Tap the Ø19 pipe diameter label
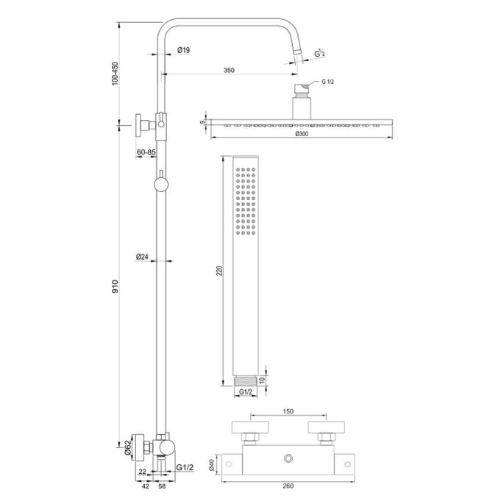pyautogui.click(x=184, y=50)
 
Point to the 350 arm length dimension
pyautogui.click(x=229, y=70)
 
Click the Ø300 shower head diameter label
pyautogui.click(x=301, y=135)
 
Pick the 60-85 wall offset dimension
pyautogui.click(x=146, y=152)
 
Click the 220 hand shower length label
pyautogui.click(x=219, y=271)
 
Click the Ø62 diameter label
pyautogui.click(x=128, y=447)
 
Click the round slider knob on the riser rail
pyautogui.click(x=160, y=183)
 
